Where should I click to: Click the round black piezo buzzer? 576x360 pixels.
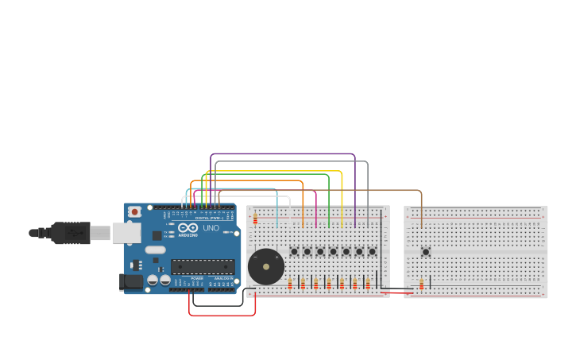click(266, 267)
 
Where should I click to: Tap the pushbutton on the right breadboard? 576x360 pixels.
click(426, 252)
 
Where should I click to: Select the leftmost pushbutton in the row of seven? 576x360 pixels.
click(294, 252)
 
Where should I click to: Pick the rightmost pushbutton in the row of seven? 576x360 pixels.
click(372, 252)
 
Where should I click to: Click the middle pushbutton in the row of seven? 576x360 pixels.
click(333, 252)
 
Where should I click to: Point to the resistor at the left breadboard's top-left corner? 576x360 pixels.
click(255, 219)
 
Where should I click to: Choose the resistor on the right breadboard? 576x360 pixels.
click(421, 284)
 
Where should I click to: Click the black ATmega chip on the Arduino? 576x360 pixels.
click(203, 266)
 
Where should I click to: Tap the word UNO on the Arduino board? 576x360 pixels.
click(211, 228)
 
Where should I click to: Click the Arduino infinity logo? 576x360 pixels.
click(187, 227)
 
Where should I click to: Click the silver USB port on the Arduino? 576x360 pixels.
click(126, 233)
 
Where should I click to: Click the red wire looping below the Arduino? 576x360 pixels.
click(222, 315)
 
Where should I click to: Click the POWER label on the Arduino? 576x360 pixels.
click(196, 278)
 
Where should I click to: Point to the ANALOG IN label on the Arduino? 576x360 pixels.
click(223, 278)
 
